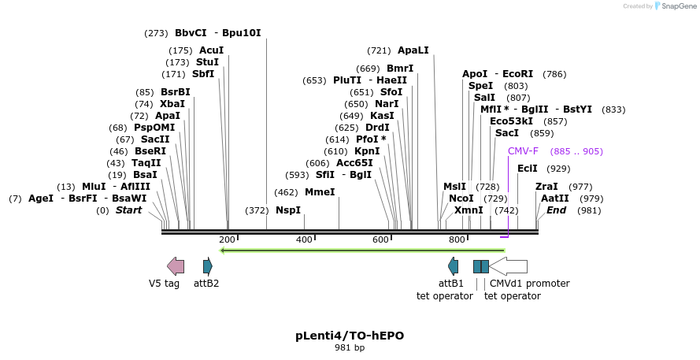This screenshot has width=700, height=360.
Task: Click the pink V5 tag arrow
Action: coord(176,266)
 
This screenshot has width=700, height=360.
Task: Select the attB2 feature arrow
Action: coord(208,266)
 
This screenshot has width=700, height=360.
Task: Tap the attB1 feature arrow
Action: coord(453,266)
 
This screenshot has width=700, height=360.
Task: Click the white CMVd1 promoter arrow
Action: coord(509,266)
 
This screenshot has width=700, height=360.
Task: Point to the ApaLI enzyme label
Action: coord(413,50)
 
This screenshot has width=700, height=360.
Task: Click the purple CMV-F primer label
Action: coord(523,151)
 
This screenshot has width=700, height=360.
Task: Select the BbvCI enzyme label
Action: coord(191,33)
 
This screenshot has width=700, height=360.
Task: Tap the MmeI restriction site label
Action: coord(320,192)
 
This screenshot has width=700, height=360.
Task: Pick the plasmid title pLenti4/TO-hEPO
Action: coord(350,336)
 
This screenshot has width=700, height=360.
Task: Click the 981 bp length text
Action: coord(350,347)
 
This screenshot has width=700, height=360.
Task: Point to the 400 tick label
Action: coord(304,239)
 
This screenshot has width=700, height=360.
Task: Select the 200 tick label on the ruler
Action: coord(227,239)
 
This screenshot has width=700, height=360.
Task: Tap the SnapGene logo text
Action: coord(678,6)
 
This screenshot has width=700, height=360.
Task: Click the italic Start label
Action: coord(129,210)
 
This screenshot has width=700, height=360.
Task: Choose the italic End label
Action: coord(557,210)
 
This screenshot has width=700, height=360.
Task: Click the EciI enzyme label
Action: coord(528,169)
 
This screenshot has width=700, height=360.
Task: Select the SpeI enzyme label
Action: coord(480,86)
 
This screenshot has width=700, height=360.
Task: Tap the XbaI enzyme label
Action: coord(172,104)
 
